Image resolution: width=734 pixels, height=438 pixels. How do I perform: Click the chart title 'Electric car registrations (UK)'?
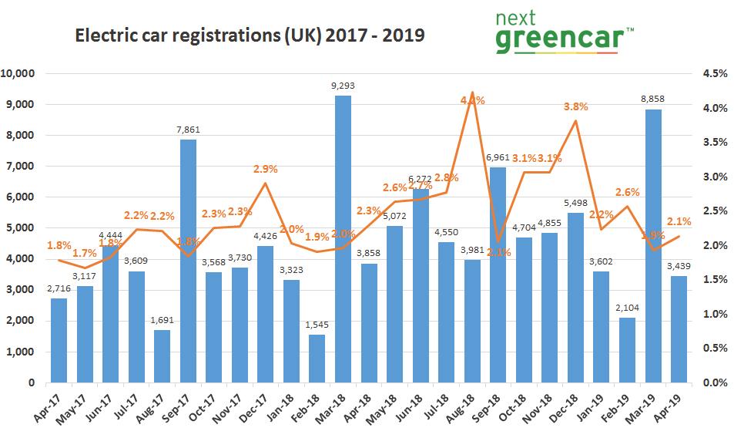click(249, 35)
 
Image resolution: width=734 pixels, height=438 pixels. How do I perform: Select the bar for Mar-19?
click(653, 246)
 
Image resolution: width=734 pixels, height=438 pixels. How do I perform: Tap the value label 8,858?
click(653, 99)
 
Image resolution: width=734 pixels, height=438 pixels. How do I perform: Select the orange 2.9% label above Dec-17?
click(266, 169)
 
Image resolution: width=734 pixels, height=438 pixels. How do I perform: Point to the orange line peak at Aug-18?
click(473, 93)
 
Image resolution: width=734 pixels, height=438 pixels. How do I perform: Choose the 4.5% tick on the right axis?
click(714, 74)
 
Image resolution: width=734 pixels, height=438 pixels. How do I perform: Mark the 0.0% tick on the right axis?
click(714, 382)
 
